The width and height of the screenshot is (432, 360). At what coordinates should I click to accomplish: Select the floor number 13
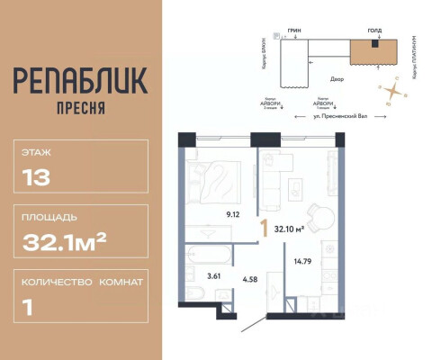(30, 176)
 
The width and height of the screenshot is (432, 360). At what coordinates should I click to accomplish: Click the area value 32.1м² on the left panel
(65, 239)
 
